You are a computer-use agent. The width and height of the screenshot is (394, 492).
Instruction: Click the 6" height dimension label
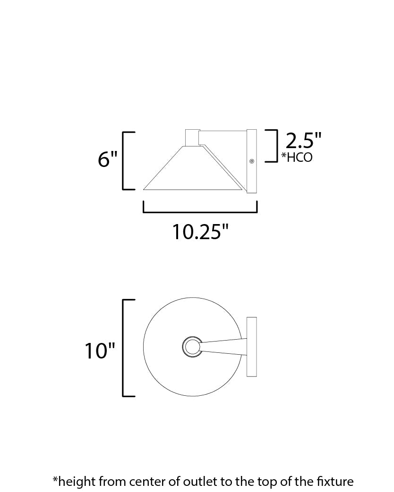pos(107,160)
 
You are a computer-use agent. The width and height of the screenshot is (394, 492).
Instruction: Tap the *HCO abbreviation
pos(297,157)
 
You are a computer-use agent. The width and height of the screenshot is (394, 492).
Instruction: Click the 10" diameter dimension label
pos(100,351)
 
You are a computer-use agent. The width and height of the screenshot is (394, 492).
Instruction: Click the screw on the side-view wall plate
pos(251,161)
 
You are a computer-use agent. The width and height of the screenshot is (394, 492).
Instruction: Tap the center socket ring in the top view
pos(191,348)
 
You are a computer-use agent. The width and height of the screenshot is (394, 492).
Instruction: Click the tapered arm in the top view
pos(222,346)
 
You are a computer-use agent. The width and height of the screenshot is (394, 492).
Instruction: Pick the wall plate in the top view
pos(251,347)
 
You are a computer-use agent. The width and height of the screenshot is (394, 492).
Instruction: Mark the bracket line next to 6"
pos(124,160)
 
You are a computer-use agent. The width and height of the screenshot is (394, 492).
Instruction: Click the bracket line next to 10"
pos(124,347)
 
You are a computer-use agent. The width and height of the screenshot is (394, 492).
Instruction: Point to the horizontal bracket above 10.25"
pos(200,212)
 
